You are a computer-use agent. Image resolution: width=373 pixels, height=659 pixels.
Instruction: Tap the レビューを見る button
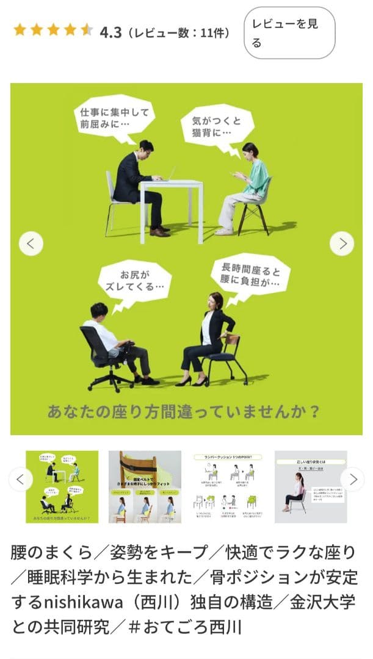289,33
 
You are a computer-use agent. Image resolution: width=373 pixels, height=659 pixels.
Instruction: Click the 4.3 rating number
110,31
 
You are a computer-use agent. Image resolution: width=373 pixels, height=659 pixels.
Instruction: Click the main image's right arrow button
342,243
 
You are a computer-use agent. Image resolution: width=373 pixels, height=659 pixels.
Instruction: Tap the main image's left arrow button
31,243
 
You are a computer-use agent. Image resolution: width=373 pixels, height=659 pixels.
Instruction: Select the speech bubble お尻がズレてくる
134,279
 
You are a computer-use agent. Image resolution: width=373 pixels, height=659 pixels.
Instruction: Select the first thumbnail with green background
62,486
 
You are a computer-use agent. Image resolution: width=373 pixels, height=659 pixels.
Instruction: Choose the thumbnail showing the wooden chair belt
145,486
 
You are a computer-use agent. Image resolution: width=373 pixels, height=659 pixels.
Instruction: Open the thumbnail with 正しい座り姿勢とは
311,486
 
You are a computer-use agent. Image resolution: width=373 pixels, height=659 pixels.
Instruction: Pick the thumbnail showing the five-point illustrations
228,486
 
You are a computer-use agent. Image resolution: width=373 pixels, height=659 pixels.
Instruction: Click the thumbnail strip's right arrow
352,479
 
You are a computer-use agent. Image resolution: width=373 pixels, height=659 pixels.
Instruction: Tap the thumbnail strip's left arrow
21,479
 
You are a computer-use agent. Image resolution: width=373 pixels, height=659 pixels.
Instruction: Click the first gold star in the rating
20,30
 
